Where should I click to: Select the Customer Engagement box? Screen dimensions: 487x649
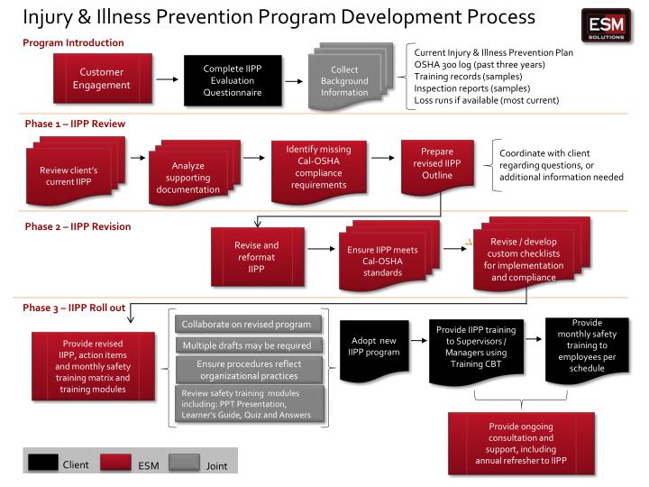[102, 79]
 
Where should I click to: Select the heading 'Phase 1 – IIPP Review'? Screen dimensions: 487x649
[74, 123]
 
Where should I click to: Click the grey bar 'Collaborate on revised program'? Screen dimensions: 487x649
[246, 325]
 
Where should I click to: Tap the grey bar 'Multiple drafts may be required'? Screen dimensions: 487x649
[246, 346]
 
